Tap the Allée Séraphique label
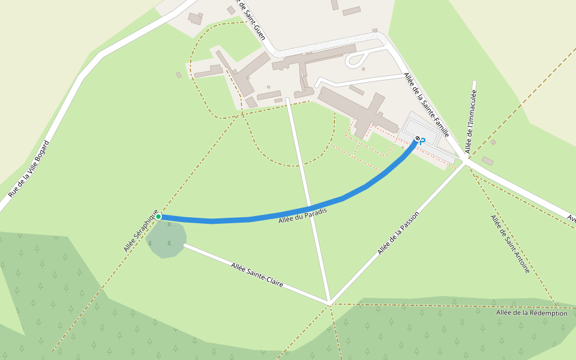(141, 231)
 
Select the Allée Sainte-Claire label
(257, 275)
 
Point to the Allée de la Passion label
(398, 233)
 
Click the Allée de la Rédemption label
(532, 313)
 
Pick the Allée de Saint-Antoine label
(510, 244)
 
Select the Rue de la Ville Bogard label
(29, 169)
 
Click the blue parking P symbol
(422, 142)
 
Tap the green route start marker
(158, 217)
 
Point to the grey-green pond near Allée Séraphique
(166, 239)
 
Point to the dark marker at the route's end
(417, 139)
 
